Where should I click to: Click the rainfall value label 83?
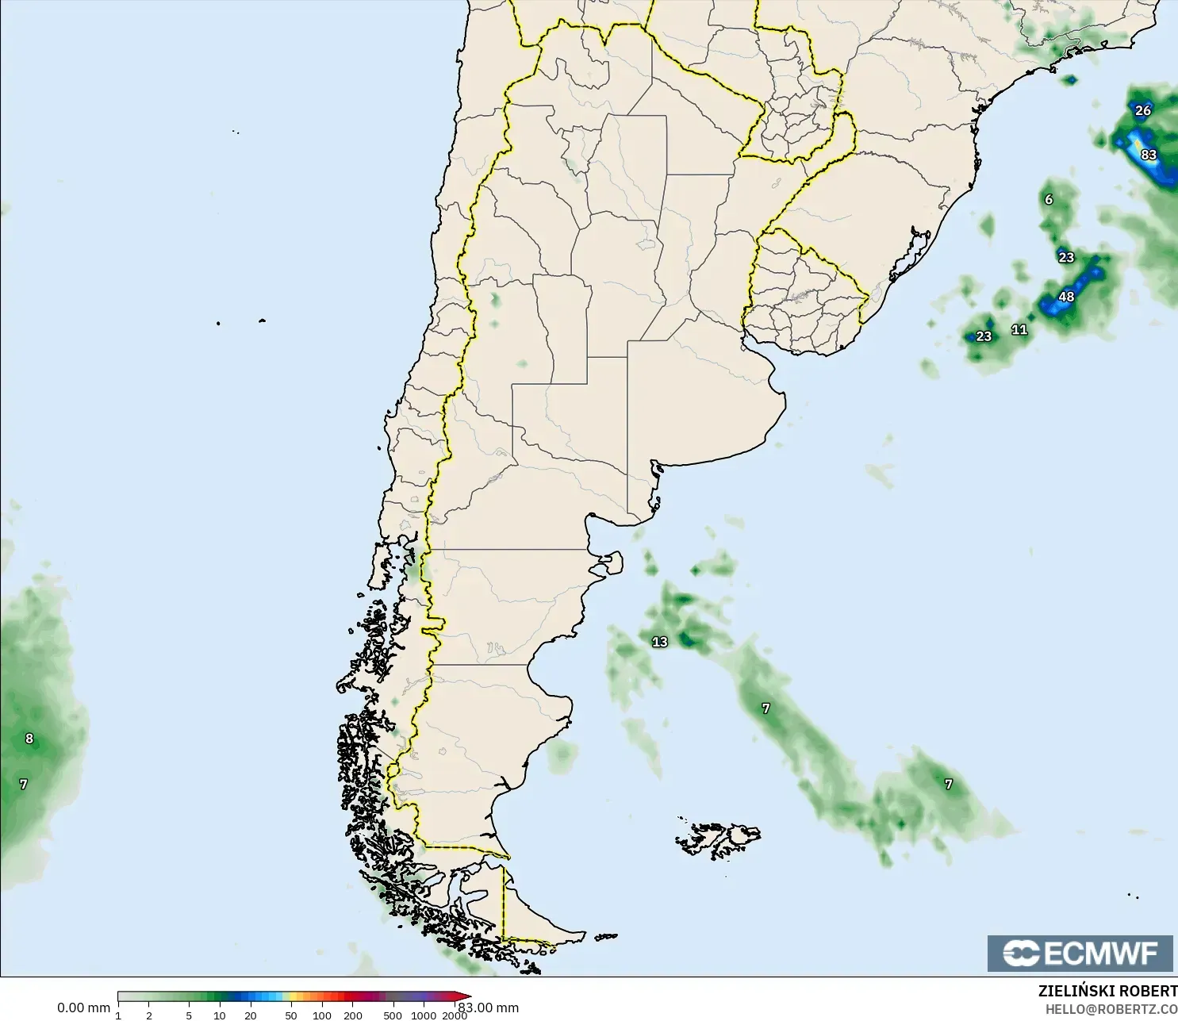(1149, 155)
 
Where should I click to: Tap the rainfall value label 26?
(1142, 110)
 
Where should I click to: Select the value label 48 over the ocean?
(1066, 297)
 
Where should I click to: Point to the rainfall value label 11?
(1019, 329)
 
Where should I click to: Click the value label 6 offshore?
(1049, 199)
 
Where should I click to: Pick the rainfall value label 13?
(660, 642)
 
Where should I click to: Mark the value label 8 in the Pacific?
(29, 739)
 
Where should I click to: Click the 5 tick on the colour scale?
(189, 1015)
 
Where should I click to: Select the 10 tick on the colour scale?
(220, 1015)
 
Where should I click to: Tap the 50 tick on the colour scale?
(291, 1015)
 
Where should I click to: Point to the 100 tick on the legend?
(322, 1015)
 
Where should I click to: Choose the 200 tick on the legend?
(353, 1015)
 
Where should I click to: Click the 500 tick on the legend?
(393, 1015)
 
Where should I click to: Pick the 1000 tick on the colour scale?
(424, 1015)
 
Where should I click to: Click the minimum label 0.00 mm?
(83, 1008)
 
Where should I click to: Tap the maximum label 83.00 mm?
(489, 1008)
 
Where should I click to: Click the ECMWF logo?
(1080, 953)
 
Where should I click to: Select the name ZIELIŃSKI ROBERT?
(1107, 991)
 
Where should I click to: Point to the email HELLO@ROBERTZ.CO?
(1111, 1009)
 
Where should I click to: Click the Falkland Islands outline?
(718, 839)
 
